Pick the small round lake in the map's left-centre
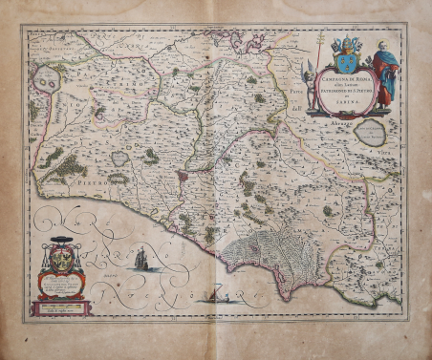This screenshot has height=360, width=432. (x=119, y=159)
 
